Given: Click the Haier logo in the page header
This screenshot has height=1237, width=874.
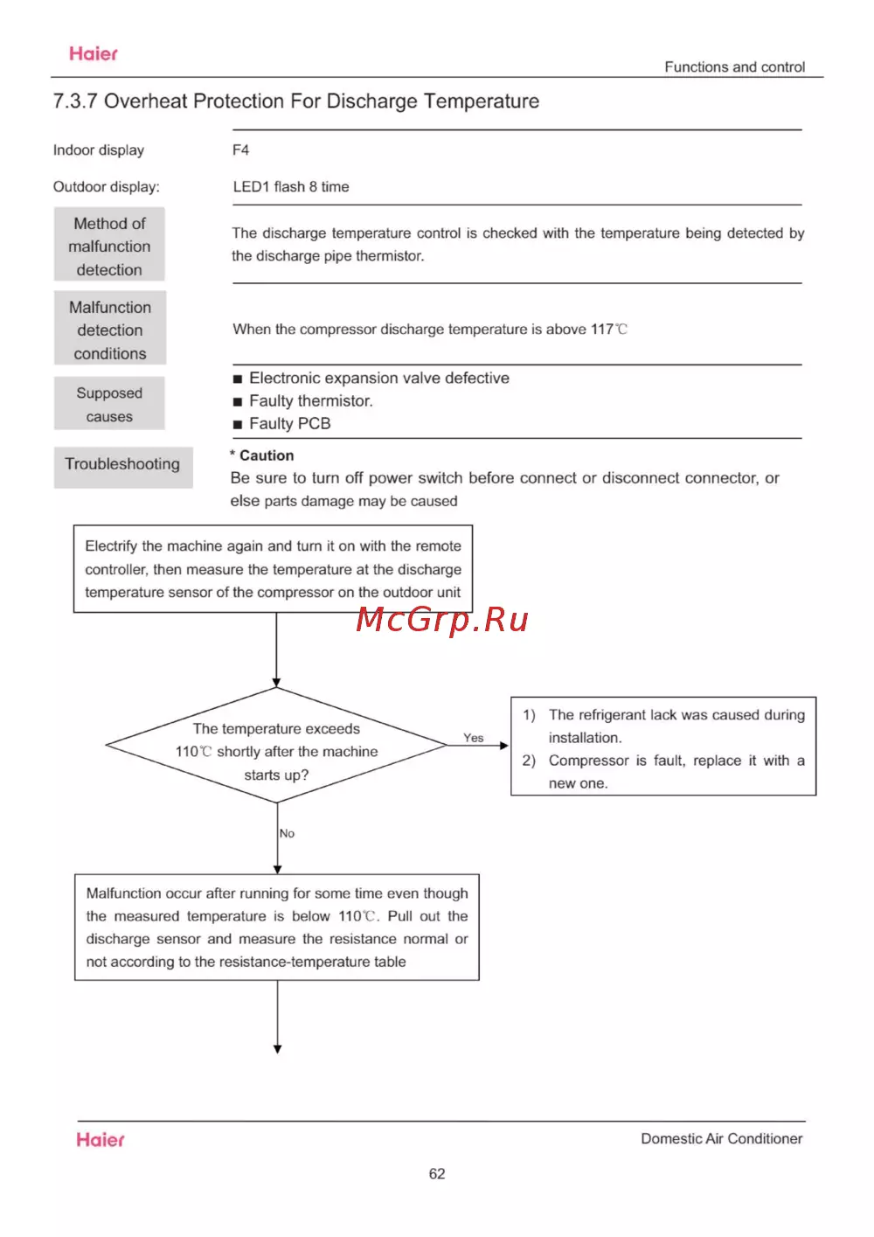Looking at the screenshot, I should [94, 54].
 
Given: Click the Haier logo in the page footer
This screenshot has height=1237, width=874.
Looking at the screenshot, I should [101, 1139].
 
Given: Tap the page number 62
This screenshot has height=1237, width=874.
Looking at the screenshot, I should [437, 1174].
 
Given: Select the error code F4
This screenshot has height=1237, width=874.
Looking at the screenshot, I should [240, 150].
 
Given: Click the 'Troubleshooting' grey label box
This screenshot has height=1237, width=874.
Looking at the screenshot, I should [122, 464].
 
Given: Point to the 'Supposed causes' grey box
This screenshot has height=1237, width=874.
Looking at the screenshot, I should [109, 404].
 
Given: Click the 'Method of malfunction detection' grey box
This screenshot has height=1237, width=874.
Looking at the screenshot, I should [109, 246].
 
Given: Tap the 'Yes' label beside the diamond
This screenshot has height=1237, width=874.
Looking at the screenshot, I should [473, 738].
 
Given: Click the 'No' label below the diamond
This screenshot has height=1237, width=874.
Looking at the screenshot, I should [287, 833].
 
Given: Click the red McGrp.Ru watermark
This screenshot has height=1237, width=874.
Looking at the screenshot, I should [442, 619].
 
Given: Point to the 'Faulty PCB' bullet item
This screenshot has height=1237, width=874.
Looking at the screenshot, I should [289, 424].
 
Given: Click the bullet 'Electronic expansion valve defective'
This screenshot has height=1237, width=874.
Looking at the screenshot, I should [378, 378].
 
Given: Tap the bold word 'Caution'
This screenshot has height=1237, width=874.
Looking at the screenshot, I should [267, 455].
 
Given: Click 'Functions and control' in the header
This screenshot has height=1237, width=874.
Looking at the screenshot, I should [734, 67].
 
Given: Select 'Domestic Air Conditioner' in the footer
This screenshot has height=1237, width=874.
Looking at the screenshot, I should [721, 1138].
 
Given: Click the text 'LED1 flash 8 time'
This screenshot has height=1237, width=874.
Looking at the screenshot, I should [291, 187].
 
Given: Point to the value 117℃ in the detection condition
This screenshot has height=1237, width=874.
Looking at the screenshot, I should [608, 330].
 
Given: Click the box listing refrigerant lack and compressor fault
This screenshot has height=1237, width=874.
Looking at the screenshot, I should [663, 747].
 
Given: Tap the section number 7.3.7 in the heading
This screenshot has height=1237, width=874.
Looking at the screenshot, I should [75, 101].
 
